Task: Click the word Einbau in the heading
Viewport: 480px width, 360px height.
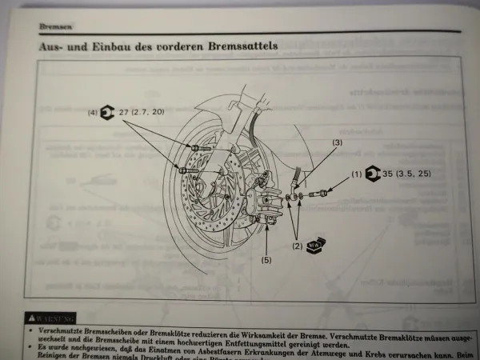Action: [104, 47]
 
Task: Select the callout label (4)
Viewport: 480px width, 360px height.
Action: [92, 113]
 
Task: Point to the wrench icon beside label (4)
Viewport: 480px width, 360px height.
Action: [108, 113]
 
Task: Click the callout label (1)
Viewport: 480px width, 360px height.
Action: [356, 174]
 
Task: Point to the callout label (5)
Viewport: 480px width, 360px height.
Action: [266, 259]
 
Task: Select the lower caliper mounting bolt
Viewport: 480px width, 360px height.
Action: [187, 169]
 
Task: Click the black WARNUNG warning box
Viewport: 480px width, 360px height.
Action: [50, 318]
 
